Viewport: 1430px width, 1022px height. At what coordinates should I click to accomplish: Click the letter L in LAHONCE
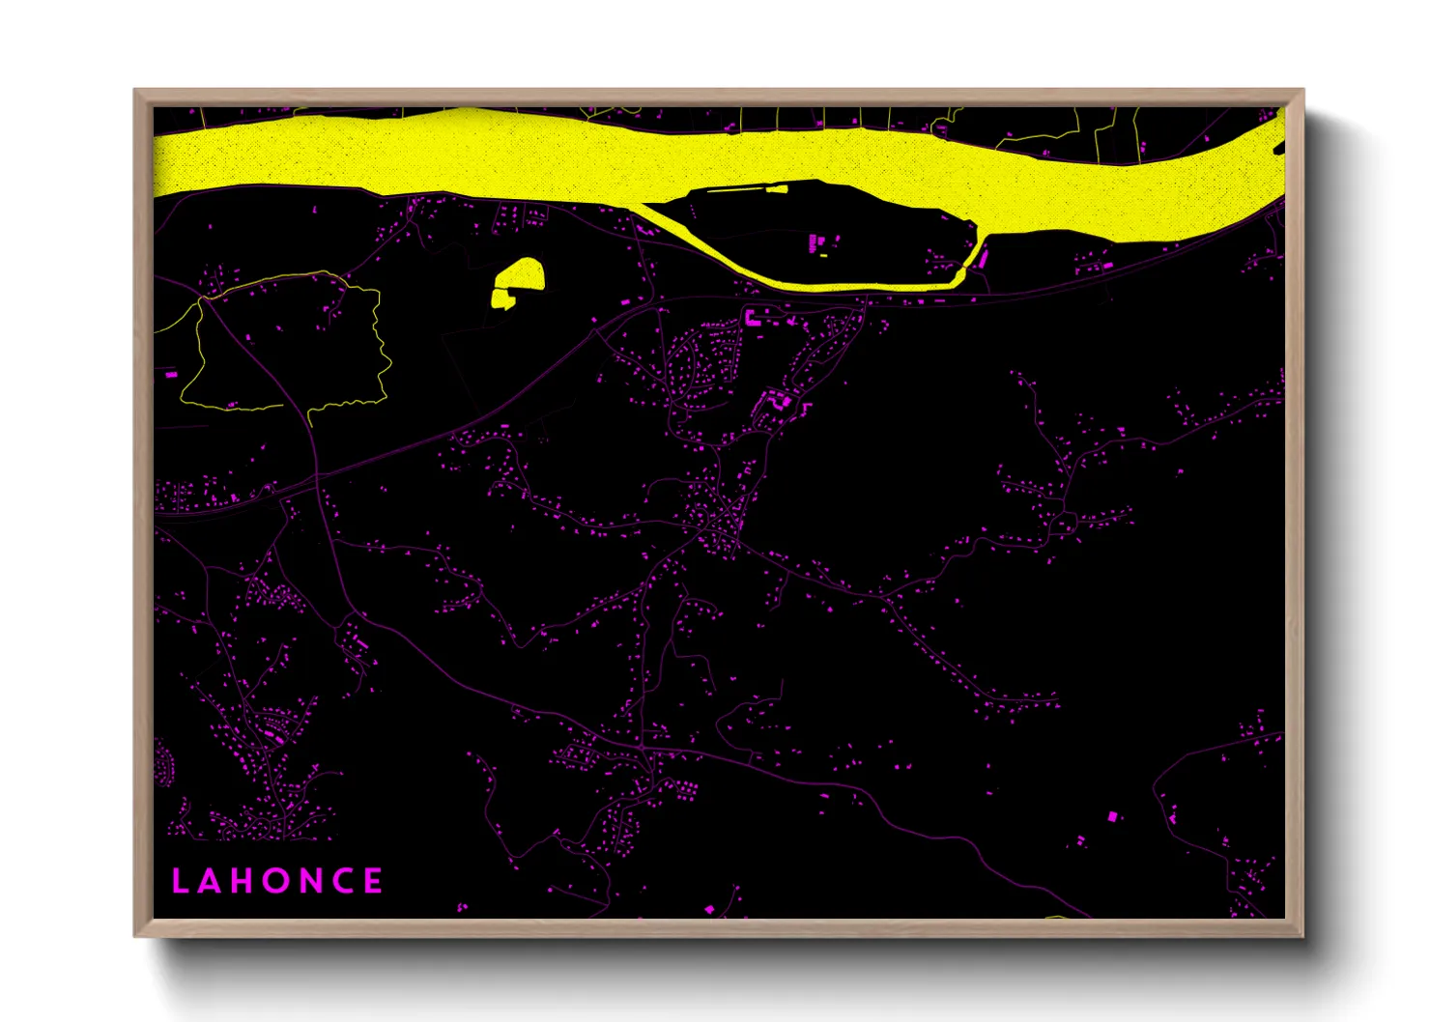[179, 881]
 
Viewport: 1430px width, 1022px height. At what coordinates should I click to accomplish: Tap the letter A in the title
[210, 881]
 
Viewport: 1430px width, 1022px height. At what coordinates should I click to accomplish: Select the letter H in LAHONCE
[242, 881]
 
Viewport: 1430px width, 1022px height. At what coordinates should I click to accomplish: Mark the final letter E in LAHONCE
[373, 881]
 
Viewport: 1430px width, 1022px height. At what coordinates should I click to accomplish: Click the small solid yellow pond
[518, 280]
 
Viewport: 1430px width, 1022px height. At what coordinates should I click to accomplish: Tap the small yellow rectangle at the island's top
[776, 190]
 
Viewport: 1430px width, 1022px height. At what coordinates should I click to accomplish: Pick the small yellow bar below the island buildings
[823, 256]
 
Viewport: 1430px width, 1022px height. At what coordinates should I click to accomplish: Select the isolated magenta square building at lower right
[1111, 817]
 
